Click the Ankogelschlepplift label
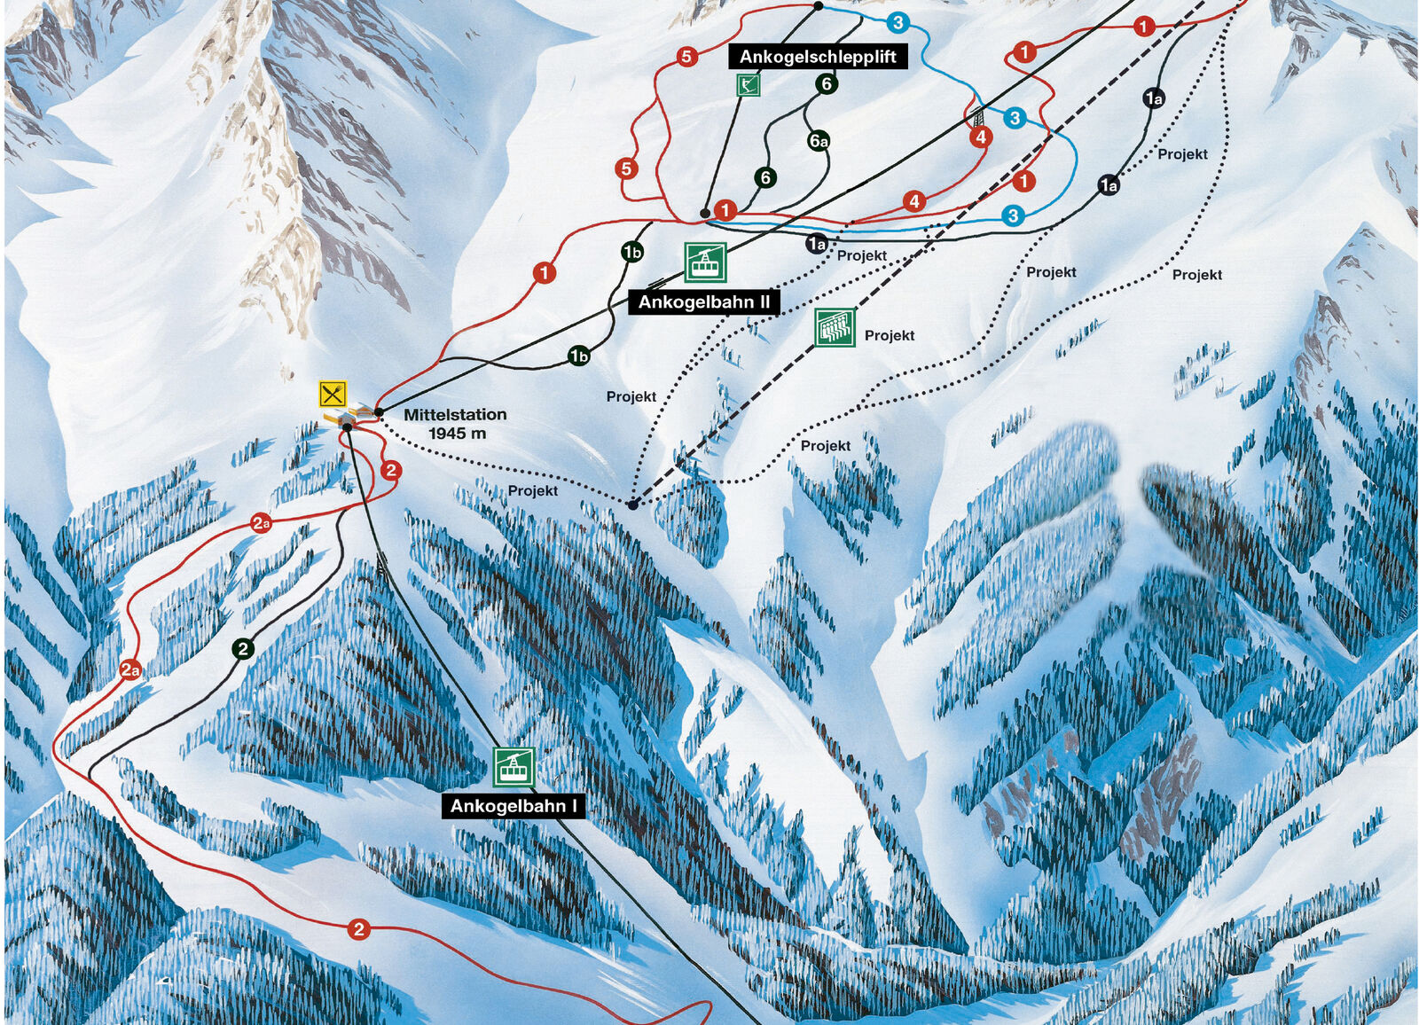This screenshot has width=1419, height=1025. point(818,57)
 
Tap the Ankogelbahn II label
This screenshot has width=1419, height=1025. point(704,302)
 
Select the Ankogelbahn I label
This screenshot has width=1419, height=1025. point(514,806)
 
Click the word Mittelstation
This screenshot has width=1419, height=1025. point(455,414)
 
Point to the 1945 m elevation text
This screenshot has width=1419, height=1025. point(457,434)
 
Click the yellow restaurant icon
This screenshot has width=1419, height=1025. point(333,393)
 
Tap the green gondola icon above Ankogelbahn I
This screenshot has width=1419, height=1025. point(514,766)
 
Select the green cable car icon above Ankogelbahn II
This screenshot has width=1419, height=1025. point(705,262)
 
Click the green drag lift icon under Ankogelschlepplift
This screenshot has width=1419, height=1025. point(749,85)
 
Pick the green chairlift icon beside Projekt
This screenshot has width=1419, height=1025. point(835,327)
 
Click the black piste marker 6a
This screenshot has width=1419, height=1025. point(819,141)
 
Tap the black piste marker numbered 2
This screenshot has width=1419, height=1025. point(243,649)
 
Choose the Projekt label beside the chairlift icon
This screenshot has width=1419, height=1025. point(889,335)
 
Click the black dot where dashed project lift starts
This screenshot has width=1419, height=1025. point(632,505)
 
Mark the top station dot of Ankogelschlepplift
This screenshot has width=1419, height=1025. point(818,6)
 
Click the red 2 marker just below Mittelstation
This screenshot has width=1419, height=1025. point(391,470)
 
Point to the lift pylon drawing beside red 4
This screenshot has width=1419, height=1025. point(978,116)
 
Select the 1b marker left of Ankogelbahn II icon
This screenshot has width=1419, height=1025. point(631,253)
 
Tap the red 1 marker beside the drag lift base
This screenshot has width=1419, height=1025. point(725,210)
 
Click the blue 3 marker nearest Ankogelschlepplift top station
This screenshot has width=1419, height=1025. point(898,22)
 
